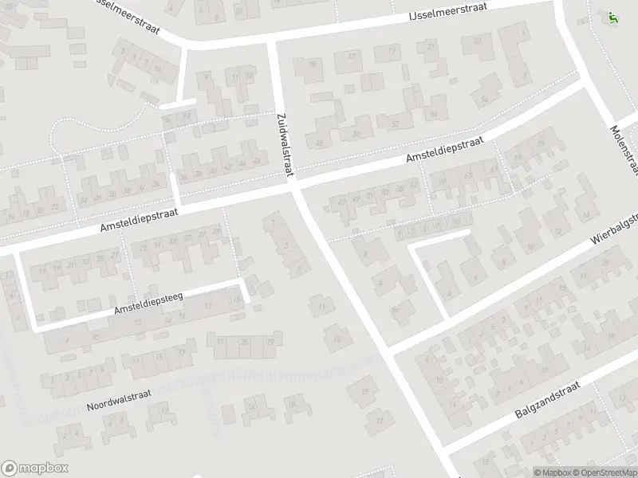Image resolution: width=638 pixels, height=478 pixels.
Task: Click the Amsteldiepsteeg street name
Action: pyautogui.click(x=149, y=302)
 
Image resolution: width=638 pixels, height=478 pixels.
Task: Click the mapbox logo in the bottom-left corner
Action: pyautogui.click(x=35, y=468)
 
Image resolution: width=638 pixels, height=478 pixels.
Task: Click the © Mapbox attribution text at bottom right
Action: pyautogui.click(x=553, y=472)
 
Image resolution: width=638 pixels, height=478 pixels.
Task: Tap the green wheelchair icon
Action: pyautogui.click(x=612, y=17)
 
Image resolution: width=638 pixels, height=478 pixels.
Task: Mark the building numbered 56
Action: pyautogui.click(x=485, y=99)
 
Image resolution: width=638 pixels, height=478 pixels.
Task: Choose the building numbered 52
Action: pyautogui.click(x=394, y=124)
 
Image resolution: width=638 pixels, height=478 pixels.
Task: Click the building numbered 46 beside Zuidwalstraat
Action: pyautogui.click(x=257, y=161)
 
